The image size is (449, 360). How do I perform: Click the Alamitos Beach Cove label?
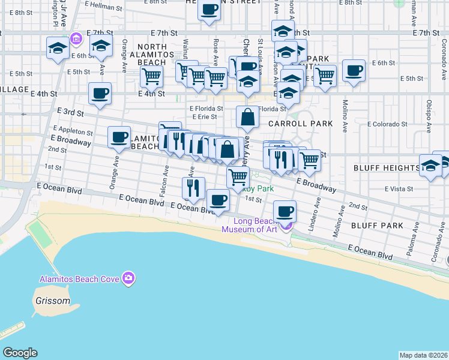[x=79, y=279]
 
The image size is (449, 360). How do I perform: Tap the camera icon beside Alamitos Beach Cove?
[x=128, y=278]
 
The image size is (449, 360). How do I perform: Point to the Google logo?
[x=20, y=353]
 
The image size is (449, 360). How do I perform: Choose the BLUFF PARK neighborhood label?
[x=376, y=225]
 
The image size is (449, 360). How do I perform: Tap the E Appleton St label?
[x=73, y=131]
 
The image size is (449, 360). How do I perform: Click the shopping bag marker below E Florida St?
[x=247, y=117]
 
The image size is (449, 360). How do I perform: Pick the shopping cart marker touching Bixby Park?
[x=238, y=177]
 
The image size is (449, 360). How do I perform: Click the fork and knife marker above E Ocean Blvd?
[x=193, y=187]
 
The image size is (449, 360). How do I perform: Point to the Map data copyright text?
[x=423, y=355]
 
